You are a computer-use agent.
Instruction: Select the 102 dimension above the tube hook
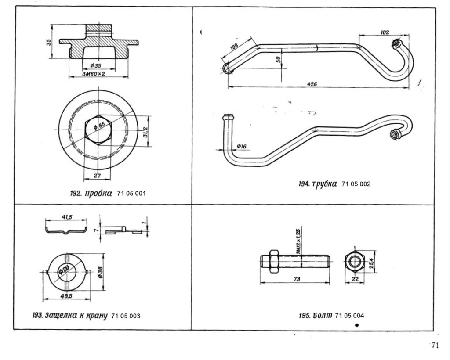point(385,32)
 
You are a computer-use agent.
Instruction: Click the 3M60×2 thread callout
point(93,74)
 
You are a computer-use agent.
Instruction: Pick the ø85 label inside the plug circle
point(100,126)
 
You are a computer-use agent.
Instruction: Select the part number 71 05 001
point(131,194)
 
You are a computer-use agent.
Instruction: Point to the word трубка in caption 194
point(325,184)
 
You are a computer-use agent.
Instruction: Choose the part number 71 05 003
point(126,316)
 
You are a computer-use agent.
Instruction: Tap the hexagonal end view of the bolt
point(354,262)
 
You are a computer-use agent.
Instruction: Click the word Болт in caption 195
point(323,316)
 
